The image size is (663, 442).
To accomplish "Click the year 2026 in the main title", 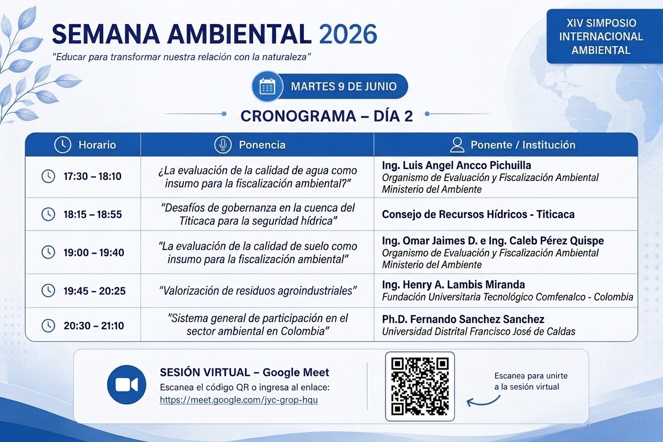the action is [x=348, y=35].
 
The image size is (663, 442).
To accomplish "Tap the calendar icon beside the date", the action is [x=268, y=87].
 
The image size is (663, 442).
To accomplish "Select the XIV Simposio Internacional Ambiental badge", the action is [x=601, y=36].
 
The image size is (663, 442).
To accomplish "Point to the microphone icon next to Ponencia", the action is [x=223, y=145].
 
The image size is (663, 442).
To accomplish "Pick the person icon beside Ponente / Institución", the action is [x=457, y=145].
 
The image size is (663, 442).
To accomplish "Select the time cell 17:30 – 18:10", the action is [x=92, y=176].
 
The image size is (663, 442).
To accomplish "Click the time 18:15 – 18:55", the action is [x=93, y=214].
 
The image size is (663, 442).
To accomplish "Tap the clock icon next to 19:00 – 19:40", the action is [x=48, y=252].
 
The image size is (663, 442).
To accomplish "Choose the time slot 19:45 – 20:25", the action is [x=94, y=291].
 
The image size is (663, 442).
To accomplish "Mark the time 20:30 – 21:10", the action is [x=93, y=326].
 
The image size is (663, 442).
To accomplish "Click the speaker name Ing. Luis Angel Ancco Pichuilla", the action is [x=456, y=165].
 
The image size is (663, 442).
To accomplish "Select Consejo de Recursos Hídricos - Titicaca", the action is [x=478, y=214].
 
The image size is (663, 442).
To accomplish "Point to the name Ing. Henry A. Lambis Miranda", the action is [x=453, y=285].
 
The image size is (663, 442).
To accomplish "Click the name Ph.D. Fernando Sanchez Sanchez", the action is [x=463, y=319].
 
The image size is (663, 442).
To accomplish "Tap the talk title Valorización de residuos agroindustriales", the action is [x=258, y=291].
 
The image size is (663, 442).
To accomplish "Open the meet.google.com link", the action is [x=239, y=400].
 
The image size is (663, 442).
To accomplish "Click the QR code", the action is [x=420, y=386].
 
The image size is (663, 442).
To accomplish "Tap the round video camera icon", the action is [x=127, y=385].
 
